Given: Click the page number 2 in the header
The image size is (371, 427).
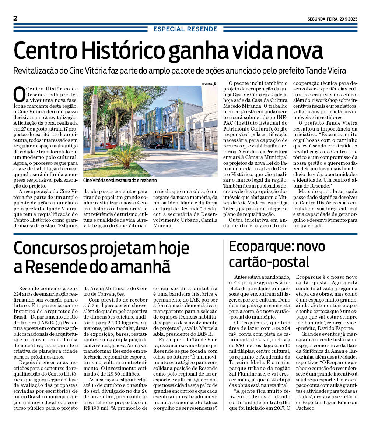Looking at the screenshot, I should (15, 18).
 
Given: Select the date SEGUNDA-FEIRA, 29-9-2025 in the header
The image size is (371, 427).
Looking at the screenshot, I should (333, 19).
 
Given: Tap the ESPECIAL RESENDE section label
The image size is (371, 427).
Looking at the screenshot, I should (185, 29).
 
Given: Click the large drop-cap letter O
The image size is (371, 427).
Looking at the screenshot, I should (19, 94).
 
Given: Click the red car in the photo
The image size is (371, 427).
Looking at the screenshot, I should (111, 145).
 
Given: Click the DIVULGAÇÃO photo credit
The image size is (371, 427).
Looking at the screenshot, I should (210, 84).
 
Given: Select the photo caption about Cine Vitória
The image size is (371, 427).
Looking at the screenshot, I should (120, 181).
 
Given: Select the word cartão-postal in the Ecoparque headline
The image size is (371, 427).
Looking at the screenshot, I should (269, 262).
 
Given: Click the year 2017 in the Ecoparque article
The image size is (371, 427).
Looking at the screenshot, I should (277, 408).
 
